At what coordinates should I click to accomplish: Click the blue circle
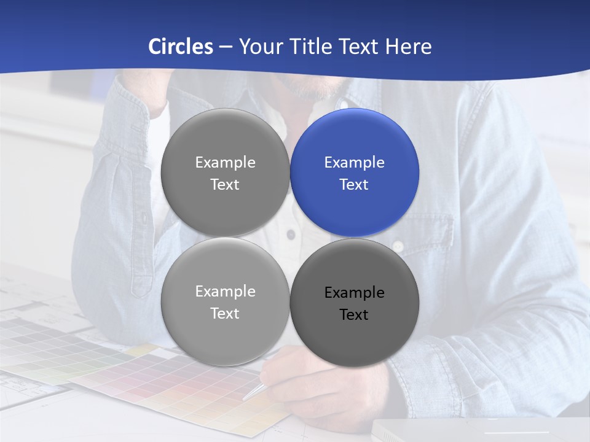354,173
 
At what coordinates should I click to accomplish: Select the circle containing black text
354,303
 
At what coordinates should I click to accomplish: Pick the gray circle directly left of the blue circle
225,173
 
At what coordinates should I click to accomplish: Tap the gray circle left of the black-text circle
225,301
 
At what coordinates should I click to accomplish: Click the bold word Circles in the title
181,47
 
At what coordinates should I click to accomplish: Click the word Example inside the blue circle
354,162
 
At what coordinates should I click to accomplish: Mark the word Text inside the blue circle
354,184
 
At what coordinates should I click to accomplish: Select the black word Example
354,292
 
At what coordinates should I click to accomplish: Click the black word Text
354,314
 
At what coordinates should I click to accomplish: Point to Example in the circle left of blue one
225,162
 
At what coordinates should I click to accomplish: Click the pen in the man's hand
256,391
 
